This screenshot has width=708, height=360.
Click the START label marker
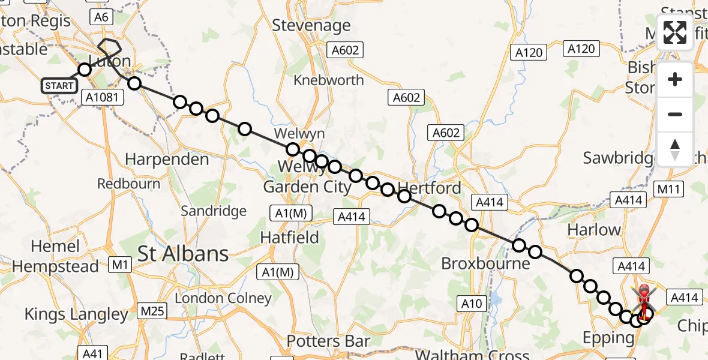(59, 86)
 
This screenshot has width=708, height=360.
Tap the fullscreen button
(675, 33)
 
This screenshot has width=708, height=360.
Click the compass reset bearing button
(675, 149)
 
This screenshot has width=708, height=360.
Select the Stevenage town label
(311, 25)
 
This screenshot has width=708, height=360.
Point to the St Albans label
(183, 254)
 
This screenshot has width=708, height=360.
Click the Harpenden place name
(167, 160)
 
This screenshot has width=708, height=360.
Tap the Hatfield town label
(289, 238)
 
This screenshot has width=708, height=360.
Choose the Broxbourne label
(485, 263)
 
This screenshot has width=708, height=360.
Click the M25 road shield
(153, 310)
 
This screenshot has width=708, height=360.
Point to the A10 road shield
(471, 304)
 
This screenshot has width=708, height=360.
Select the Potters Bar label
(328, 341)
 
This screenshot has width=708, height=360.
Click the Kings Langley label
(76, 314)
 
